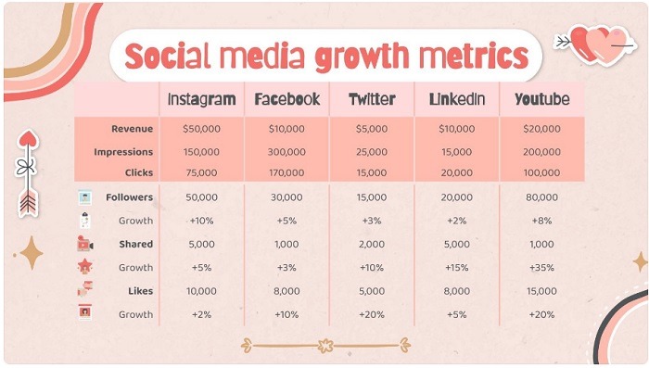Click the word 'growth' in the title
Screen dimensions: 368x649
(369, 57)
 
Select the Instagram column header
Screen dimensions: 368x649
(201, 99)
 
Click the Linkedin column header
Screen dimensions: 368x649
(457, 99)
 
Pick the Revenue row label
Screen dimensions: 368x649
(132, 128)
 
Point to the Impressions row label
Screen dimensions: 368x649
(123, 151)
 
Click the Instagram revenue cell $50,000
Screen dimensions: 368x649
(201, 128)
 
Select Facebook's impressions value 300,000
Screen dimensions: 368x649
(286, 151)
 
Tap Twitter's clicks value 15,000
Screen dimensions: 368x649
(371, 173)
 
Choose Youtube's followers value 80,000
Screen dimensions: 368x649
(541, 197)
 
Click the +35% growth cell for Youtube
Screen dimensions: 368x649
(541, 268)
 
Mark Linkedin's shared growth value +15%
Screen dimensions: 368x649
(457, 268)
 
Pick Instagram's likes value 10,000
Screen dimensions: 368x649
(201, 291)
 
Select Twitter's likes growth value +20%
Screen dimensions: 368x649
(371, 314)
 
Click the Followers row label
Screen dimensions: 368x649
(129, 197)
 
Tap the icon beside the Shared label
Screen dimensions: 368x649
(84, 244)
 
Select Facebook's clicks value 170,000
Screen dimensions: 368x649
(286, 173)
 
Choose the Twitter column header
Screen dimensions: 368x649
(371, 99)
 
